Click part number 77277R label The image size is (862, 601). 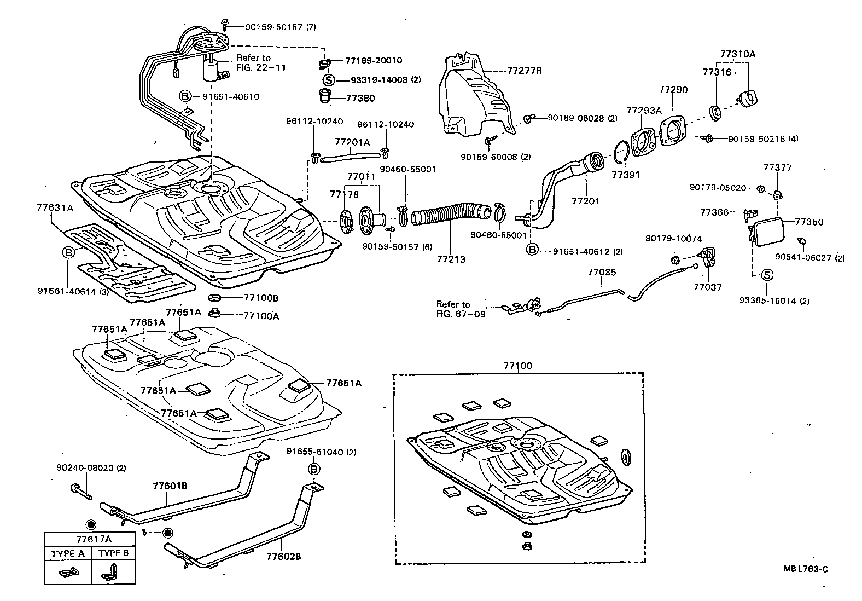tap(524, 71)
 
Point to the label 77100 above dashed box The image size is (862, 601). tap(518, 366)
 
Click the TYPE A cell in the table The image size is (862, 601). tap(67, 553)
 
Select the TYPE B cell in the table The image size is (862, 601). tap(113, 553)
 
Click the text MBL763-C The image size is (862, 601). tap(805, 569)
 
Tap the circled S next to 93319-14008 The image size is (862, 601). tap(328, 80)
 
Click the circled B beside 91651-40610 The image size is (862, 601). tap(185, 96)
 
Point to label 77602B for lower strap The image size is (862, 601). tap(283, 557)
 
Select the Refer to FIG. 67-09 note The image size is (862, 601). tap(460, 309)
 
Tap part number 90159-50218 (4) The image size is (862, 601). tap(762, 139)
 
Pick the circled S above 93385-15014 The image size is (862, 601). tap(767, 275)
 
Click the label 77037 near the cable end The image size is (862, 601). tap(707, 287)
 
